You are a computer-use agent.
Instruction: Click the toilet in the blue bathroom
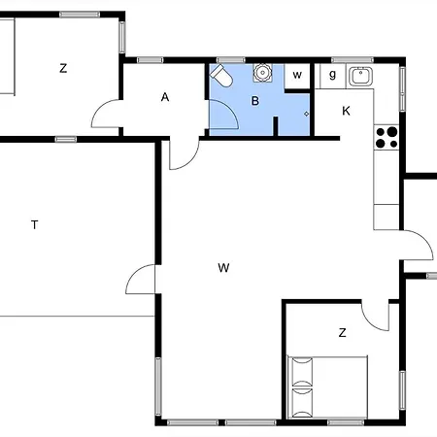(221, 76)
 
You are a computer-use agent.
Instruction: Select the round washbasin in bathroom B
(262, 73)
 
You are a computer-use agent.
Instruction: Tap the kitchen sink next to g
(360, 77)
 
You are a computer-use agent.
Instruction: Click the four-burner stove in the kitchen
(387, 138)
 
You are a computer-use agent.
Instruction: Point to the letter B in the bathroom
(255, 101)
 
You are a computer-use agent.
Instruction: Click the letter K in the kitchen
(346, 111)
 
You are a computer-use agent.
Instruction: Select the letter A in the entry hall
(165, 97)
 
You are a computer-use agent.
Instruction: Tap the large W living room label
(223, 268)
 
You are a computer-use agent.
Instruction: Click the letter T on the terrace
(35, 224)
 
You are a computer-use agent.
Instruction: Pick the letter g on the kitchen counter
(332, 75)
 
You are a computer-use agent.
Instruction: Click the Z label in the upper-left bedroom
(63, 68)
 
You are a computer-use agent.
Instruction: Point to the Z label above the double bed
(342, 332)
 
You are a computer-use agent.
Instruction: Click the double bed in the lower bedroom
(327, 387)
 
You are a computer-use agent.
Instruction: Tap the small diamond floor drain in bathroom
(306, 114)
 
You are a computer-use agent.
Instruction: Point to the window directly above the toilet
(231, 60)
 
